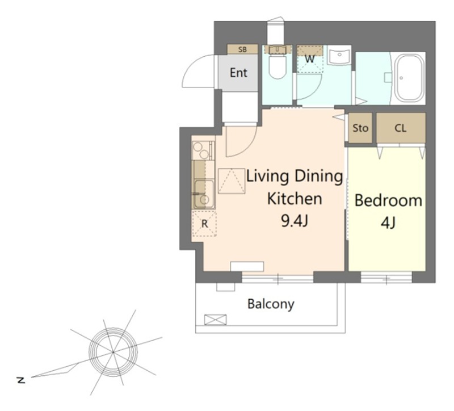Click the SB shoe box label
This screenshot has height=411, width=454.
point(242,49)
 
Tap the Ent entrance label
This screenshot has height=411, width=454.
point(238,73)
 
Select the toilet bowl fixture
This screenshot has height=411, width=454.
point(278,66)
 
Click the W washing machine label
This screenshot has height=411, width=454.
point(309,59)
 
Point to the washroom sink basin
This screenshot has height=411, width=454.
point(339,55)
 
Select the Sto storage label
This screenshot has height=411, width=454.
point(360,128)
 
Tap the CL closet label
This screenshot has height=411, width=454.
point(401,128)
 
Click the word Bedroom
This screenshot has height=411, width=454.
point(388,201)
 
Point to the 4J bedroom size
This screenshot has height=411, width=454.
point(388,223)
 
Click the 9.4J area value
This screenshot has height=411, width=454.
point(294,221)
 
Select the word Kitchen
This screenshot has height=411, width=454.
point(294,199)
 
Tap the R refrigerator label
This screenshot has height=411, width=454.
point(204,224)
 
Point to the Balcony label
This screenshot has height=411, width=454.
point(271,304)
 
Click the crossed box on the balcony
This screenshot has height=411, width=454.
point(215,320)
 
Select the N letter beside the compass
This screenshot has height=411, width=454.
point(21,380)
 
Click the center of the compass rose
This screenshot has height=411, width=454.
point(113,352)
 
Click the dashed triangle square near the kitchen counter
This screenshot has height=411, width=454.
point(232,181)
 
